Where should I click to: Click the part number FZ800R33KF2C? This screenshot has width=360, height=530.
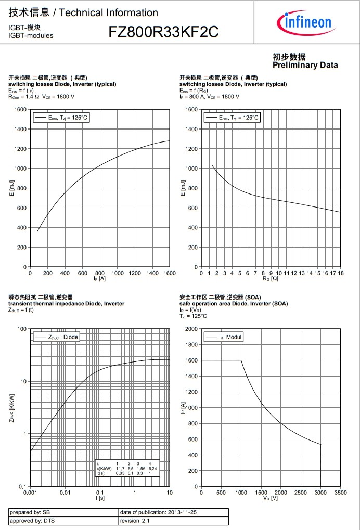pos(163,33)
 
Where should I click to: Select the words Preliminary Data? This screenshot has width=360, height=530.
pos(305,65)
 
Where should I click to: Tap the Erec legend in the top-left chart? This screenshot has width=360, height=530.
pos(61,118)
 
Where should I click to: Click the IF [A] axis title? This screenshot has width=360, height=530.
pos(99,279)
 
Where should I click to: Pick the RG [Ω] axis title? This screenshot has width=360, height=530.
pos(271,279)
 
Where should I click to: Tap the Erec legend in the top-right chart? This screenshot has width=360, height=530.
pos(232,118)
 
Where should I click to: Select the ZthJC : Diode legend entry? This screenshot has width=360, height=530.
pos(57,337)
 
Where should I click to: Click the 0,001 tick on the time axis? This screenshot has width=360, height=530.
pos(30,492)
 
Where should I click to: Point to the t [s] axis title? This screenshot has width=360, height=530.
pos(99,498)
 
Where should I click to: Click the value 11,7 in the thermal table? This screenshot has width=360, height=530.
pos(117,469)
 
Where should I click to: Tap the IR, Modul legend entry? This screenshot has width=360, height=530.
pos(224,337)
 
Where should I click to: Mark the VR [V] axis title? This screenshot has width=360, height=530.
pos(271,498)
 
